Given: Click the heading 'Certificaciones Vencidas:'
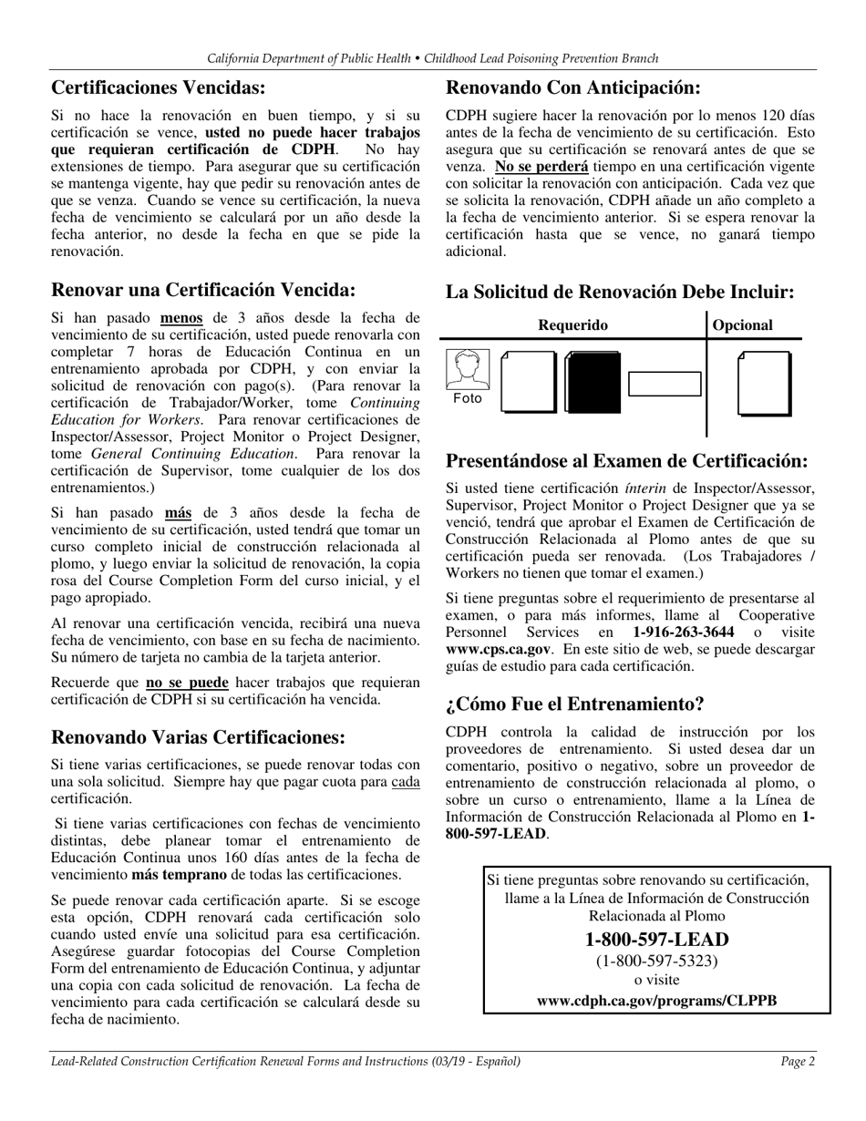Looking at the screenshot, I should [x=159, y=88].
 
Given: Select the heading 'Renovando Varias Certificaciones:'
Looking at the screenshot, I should [x=198, y=737].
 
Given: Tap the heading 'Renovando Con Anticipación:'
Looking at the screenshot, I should [x=572, y=88].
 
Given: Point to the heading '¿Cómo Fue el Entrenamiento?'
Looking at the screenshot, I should [x=574, y=704].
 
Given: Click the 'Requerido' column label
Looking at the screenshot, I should [x=572, y=325].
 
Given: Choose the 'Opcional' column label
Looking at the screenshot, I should [x=742, y=325].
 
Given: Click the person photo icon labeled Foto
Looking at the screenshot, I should [x=468, y=376].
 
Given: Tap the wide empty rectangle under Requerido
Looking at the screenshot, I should [x=665, y=384].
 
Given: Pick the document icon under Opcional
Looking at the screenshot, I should [x=763, y=383].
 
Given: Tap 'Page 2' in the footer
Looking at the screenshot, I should [x=798, y=1061].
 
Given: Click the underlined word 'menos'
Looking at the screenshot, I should [x=181, y=318].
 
